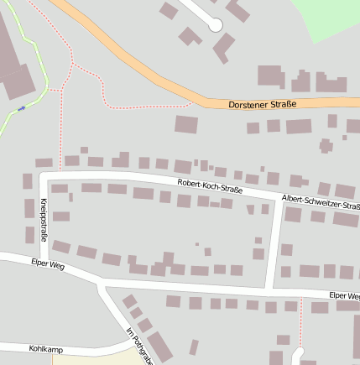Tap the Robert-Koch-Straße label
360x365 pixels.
(x=210, y=185)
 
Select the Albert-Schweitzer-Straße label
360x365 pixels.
(x=321, y=201)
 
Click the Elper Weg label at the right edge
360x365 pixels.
(x=344, y=296)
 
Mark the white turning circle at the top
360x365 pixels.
(x=216, y=24)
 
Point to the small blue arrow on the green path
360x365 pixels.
(x=21, y=107)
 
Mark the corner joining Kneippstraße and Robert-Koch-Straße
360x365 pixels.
(x=43, y=175)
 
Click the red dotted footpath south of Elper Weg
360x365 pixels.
(x=300, y=323)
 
